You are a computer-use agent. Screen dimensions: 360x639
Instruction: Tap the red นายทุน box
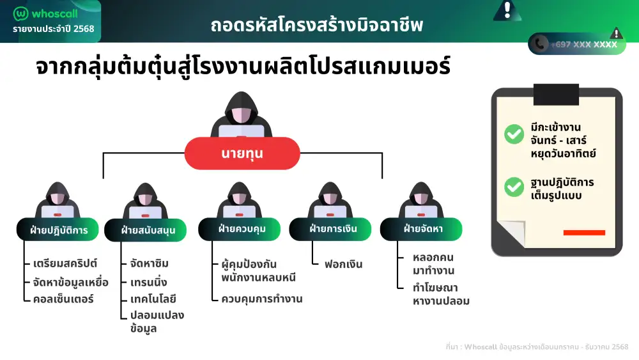pyautogui.click(x=242, y=154)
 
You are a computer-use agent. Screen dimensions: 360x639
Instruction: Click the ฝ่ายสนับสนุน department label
pyautogui.click(x=148, y=230)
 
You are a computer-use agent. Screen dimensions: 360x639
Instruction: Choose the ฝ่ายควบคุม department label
pyautogui.click(x=241, y=228)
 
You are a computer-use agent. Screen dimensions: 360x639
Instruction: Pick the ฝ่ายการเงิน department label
pyautogui.click(x=331, y=228)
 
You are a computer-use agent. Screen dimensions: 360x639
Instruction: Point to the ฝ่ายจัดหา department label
pyautogui.click(x=422, y=228)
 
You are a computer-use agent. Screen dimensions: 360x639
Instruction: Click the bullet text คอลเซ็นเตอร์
pyautogui.click(x=63, y=299)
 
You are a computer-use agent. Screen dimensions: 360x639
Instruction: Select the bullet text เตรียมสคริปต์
pyautogui.click(x=65, y=263)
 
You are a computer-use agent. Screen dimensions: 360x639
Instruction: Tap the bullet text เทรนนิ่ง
pyautogui.click(x=148, y=281)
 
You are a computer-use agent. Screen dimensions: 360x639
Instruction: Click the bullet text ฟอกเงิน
pyautogui.click(x=343, y=264)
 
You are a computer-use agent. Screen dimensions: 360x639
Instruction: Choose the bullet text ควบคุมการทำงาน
pyautogui.click(x=261, y=299)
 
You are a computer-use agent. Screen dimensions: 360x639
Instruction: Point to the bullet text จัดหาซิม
pyautogui.click(x=149, y=263)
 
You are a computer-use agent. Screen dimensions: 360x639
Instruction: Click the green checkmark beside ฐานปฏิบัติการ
pyautogui.click(x=514, y=187)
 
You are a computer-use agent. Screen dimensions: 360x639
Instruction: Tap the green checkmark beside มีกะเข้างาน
pyautogui.click(x=514, y=134)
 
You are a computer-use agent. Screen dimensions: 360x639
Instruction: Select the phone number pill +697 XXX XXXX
pyautogui.click(x=577, y=43)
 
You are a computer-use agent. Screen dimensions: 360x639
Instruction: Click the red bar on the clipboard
pyautogui.click(x=583, y=233)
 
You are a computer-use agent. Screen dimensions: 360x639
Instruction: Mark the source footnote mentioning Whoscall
pyautogui.click(x=536, y=347)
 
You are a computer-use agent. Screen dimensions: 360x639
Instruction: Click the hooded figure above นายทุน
pyautogui.click(x=242, y=115)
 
